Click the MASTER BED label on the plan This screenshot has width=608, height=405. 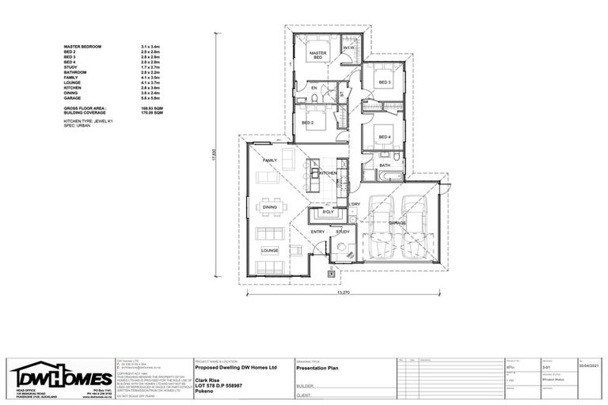pyautogui.click(x=318, y=56)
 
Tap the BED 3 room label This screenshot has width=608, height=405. pyautogui.click(x=385, y=83)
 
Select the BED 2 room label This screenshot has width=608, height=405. pyautogui.click(x=309, y=124)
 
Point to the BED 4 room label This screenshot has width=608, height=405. pyautogui.click(x=385, y=138)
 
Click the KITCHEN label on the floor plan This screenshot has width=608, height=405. pyautogui.click(x=328, y=172)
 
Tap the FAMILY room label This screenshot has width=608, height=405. pyautogui.click(x=270, y=161)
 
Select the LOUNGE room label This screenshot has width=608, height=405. pyautogui.click(x=270, y=251)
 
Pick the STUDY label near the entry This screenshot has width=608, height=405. pyautogui.click(x=343, y=232)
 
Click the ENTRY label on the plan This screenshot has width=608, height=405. pyautogui.click(x=317, y=232)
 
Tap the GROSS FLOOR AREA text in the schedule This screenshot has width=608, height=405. pyautogui.click(x=85, y=107)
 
